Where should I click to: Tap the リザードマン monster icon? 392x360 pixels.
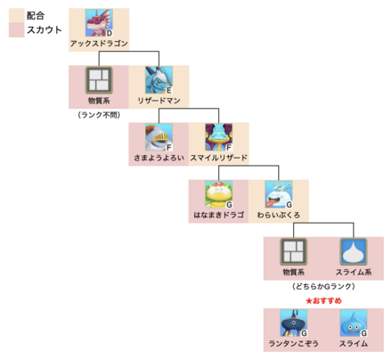158,80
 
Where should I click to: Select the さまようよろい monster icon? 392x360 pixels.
158,137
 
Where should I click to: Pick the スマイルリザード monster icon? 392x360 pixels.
218,137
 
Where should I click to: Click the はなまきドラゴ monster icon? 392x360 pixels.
218,194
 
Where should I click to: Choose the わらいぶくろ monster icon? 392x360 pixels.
278,194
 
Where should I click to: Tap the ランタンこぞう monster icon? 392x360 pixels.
293,323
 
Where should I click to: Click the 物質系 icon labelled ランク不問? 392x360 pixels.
98,80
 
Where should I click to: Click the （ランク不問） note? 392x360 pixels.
98,115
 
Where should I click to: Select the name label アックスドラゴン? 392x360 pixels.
98,44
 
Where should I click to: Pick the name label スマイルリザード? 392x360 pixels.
218,157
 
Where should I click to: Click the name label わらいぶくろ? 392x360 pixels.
278,214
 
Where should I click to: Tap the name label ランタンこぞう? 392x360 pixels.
293,343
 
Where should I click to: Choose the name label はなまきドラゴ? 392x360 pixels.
218,214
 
